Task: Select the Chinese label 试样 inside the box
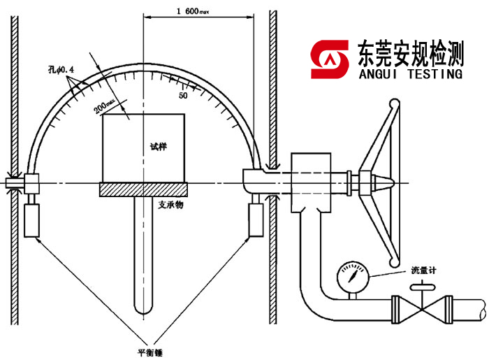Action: click(159, 147)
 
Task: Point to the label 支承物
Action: click(166, 204)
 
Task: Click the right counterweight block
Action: click(256, 219)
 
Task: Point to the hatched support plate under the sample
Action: click(144, 189)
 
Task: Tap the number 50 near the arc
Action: click(183, 95)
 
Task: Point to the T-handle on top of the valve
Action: click(421, 287)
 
